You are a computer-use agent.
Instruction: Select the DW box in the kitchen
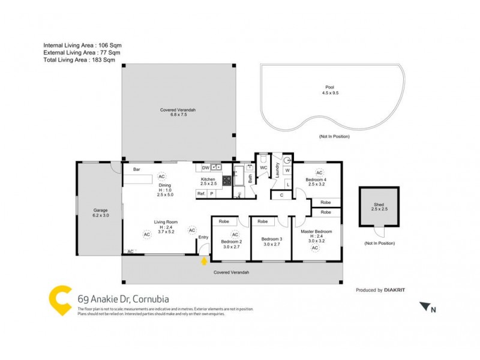tap(206, 168)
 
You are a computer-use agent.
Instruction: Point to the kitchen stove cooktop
tap(227, 179)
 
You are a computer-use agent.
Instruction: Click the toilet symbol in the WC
tap(262, 160)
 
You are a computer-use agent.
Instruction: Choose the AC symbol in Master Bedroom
tap(315, 248)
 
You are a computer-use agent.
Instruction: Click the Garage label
tap(100, 211)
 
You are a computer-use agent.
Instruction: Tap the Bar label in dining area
tap(136, 170)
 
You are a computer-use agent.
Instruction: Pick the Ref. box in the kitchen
tap(201, 194)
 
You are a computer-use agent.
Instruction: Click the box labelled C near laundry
tap(281, 195)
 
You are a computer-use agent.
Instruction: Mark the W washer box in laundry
tap(287, 171)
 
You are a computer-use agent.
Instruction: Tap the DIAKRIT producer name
tap(394, 290)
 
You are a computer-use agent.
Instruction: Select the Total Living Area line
tap(79, 60)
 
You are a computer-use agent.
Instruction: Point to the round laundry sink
tap(287, 160)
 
